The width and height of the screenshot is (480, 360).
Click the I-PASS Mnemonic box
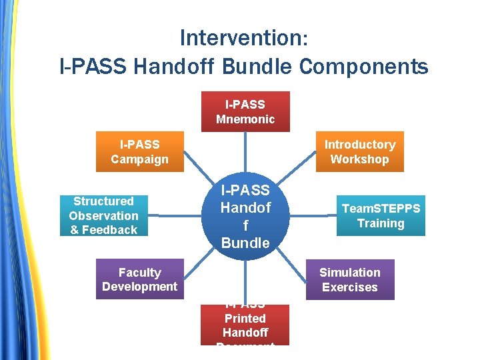pyautogui.click(x=245, y=111)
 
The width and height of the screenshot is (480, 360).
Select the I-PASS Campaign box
pyautogui.click(x=140, y=152)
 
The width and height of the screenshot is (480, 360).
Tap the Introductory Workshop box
pyautogui.click(x=359, y=152)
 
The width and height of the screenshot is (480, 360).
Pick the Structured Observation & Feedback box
pyautogui.click(x=103, y=215)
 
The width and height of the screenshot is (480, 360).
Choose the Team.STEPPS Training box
pyautogui.click(x=381, y=215)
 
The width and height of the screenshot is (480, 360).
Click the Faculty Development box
pyautogui.click(x=139, y=279)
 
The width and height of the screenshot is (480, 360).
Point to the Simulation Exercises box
pyautogui.click(x=350, y=279)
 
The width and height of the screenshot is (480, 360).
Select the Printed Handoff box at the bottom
pyautogui.click(x=245, y=325)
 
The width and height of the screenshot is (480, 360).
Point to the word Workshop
pyautogui.click(x=359, y=159)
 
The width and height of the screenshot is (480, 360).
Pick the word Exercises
pyautogui.click(x=350, y=287)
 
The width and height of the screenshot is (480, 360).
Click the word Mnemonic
pyautogui.click(x=245, y=119)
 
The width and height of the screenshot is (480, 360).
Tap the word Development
pyautogui.click(x=139, y=287)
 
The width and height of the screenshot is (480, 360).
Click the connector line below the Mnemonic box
pyautogui.click(x=245, y=153)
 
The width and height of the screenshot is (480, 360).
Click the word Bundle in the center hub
pyautogui.click(x=245, y=243)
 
